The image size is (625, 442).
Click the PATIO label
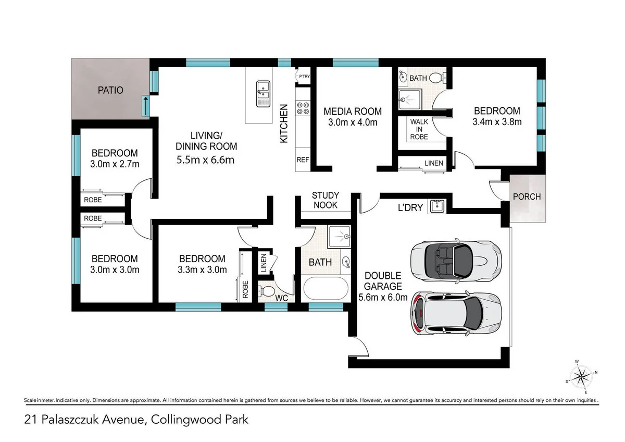click(110, 90)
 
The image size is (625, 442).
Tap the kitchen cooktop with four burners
click(303, 108)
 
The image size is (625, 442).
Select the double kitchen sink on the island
click(263, 93)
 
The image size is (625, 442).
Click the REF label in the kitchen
click(303, 160)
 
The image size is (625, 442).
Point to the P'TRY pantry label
click(304, 77)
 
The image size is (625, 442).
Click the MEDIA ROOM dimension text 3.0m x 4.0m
click(353, 122)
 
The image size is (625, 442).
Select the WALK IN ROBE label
click(419, 129)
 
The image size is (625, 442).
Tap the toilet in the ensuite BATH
click(441, 78)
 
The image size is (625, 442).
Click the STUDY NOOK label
click(325, 200)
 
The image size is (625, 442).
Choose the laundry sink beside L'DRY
click(436, 207)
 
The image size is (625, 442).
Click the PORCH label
click(527, 197)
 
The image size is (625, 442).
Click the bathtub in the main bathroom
click(323, 287)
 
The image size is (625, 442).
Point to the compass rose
click(580, 375)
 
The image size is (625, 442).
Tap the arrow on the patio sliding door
click(145, 101)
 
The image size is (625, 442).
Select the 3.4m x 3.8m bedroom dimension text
click(496, 122)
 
